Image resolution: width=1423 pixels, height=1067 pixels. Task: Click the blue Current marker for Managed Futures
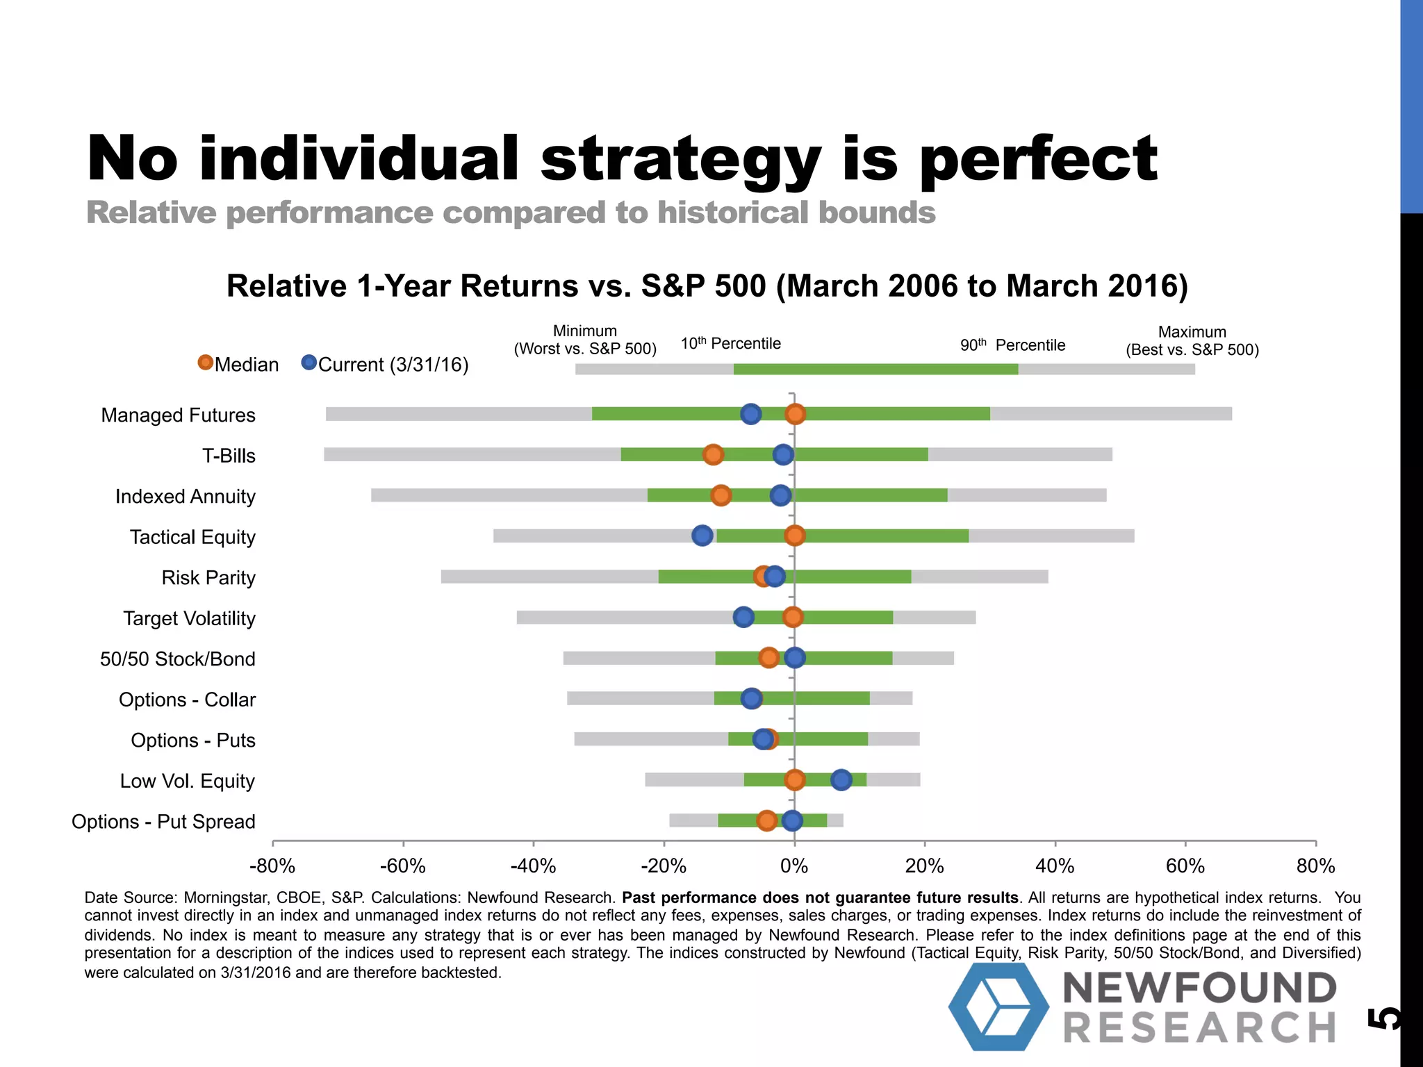750,414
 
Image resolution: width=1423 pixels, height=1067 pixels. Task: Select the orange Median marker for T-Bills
713,454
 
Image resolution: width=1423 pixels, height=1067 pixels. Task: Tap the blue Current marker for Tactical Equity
702,536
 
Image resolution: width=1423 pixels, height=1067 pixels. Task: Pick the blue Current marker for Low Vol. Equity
841,780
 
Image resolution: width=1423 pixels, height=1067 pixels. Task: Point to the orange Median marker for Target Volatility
792,617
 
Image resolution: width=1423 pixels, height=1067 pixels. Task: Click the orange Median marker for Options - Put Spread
766,820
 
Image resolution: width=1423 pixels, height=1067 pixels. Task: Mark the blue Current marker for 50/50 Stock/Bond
794,657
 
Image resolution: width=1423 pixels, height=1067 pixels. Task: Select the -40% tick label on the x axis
533,866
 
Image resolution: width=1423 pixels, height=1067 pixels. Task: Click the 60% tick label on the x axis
1185,866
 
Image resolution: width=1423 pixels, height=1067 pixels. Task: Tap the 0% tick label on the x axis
794,866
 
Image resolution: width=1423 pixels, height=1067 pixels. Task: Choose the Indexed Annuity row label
186,496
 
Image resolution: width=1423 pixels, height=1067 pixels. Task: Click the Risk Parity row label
208,577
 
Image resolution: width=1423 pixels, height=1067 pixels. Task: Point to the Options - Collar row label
187,700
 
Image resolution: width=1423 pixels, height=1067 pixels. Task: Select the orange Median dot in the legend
205,363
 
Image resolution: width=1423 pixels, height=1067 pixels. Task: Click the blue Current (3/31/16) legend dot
309,363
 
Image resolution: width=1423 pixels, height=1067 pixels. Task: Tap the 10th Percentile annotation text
730,343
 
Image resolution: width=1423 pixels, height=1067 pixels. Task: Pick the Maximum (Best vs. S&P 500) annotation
1192,341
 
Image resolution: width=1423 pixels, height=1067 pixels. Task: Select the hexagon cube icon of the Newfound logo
998,1006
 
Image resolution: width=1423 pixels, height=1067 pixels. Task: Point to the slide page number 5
1383,1018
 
